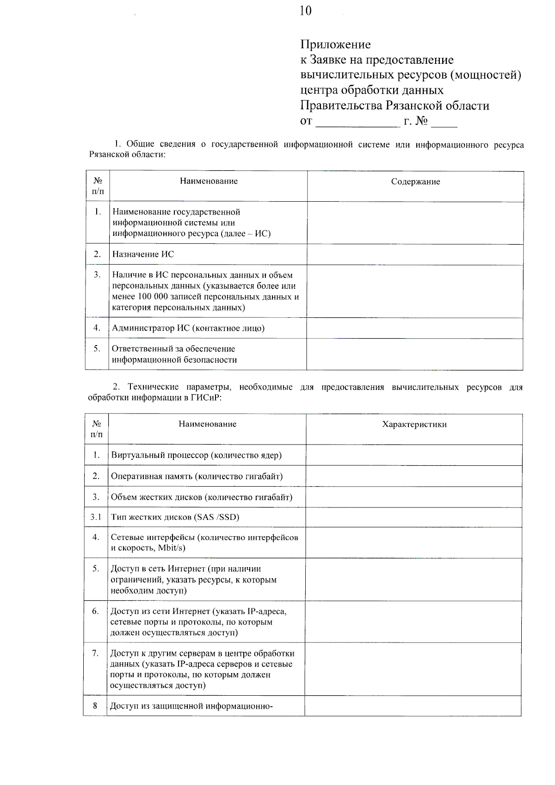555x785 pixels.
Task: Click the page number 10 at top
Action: pyautogui.click(x=305, y=11)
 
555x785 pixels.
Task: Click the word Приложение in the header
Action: pyautogui.click(x=335, y=45)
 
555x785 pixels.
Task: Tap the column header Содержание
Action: pyautogui.click(x=415, y=182)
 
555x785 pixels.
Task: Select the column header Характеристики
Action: pyautogui.click(x=414, y=424)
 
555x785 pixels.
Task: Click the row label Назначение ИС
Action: pyautogui.click(x=143, y=254)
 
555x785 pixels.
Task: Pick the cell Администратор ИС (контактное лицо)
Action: pyautogui.click(x=188, y=328)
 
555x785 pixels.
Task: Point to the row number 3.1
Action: pyautogui.click(x=96, y=517)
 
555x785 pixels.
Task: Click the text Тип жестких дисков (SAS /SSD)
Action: pyautogui.click(x=175, y=517)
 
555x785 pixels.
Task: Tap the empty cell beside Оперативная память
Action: pyautogui.click(x=413, y=476)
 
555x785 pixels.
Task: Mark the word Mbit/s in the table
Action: pyautogui.click(x=172, y=548)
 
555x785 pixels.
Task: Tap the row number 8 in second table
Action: pyautogui.click(x=95, y=705)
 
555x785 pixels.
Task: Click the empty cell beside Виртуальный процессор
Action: pyautogui.click(x=413, y=455)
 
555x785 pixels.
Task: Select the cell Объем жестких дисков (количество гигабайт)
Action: pyautogui.click(x=202, y=497)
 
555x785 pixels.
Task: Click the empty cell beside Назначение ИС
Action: pyautogui.click(x=415, y=254)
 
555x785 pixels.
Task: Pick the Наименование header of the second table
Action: pyautogui.click(x=207, y=424)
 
